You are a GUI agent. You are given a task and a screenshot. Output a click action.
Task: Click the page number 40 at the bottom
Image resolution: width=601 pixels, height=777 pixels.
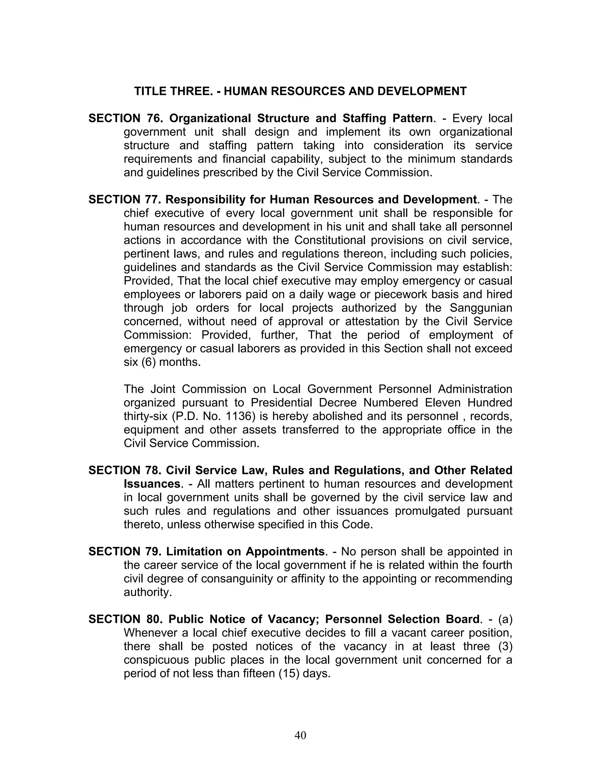click(300, 735)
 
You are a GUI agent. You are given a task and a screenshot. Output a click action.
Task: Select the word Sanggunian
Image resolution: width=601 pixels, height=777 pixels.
click(481, 308)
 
